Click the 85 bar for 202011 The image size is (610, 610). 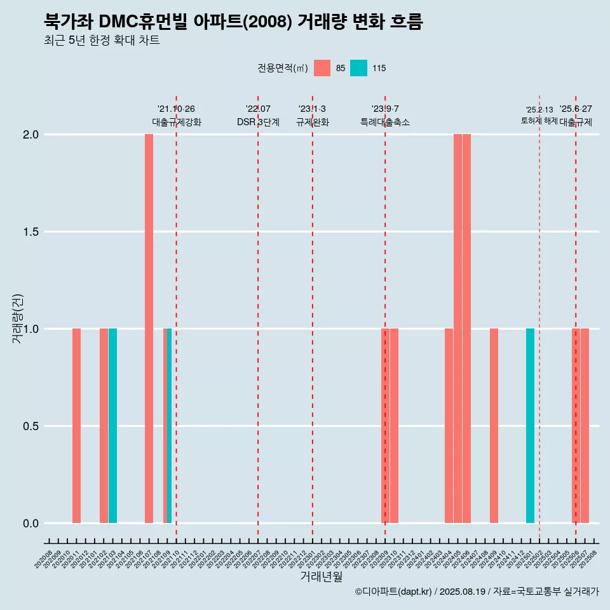76,426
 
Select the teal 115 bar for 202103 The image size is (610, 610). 112,426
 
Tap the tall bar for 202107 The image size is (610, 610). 149,329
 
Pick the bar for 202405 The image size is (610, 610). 457,329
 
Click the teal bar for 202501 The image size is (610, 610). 530,426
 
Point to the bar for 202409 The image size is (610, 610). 494,426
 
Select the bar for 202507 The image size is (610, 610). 585,426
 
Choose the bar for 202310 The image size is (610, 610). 394,426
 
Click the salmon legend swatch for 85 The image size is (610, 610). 322,68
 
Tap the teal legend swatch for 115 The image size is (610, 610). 358,68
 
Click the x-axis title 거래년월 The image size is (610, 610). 321,577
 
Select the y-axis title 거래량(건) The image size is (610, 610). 17,318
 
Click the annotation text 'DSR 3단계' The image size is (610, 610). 258,123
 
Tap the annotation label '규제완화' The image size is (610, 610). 313,123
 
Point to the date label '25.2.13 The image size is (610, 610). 539,110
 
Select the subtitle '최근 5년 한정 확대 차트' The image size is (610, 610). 102,41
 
